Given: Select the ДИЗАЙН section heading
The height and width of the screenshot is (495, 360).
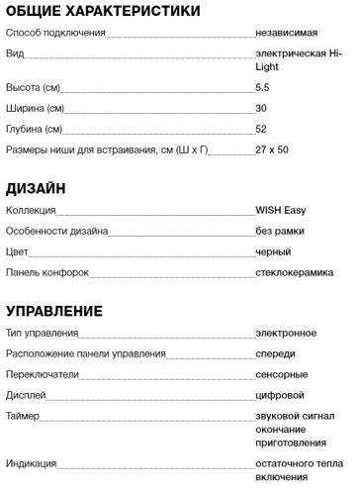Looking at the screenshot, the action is pyautogui.click(x=37, y=188).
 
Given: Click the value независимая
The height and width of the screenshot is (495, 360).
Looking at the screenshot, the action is pyautogui.click(x=287, y=34).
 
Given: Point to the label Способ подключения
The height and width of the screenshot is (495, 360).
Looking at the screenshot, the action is pyautogui.click(x=54, y=34).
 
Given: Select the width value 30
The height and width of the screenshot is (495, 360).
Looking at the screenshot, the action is pyautogui.click(x=261, y=108).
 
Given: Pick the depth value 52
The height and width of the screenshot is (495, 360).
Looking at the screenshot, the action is pyautogui.click(x=261, y=129).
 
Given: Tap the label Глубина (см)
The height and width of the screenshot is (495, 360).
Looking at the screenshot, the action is pyautogui.click(x=35, y=129).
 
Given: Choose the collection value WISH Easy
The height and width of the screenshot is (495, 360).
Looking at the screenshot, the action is pyautogui.click(x=280, y=210).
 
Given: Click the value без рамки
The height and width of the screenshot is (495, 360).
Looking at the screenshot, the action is pyautogui.click(x=279, y=231).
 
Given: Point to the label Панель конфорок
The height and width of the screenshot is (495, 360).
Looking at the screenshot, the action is pyautogui.click(x=47, y=271).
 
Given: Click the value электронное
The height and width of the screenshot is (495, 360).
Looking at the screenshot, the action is pyautogui.click(x=286, y=333).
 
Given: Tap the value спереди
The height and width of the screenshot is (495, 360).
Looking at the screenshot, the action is pyautogui.click(x=276, y=353).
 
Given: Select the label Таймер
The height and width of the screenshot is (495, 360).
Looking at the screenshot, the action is pyautogui.click(x=23, y=416).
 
